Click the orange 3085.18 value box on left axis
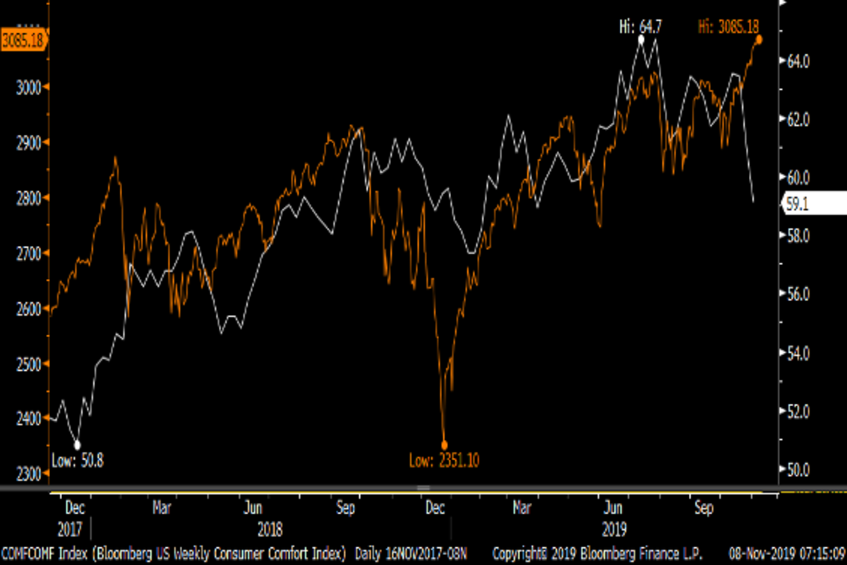(23, 40)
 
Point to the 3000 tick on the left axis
(30, 87)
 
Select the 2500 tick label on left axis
(30, 364)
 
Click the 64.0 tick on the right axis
(799, 62)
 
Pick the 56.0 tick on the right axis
(799, 295)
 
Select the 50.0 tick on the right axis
(799, 470)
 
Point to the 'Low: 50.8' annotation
(78, 461)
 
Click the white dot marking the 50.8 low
(78, 445)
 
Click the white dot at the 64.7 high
(641, 40)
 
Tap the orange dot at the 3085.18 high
(759, 40)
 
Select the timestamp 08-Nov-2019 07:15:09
(786, 552)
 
